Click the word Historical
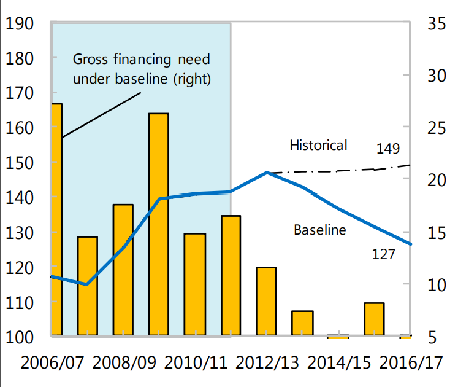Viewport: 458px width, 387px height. tap(318, 145)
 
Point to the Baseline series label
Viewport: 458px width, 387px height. tap(320, 230)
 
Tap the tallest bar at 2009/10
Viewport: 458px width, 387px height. tap(159, 224)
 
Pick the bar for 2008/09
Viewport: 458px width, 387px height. tap(123, 270)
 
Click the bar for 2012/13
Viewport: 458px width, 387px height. tap(266, 301)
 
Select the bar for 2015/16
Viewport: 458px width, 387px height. tap(374, 319)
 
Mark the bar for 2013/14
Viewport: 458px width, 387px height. tap(302, 323)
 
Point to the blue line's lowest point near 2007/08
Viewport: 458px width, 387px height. tap(86, 284)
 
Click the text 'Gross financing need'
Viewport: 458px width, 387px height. tap(142, 60)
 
